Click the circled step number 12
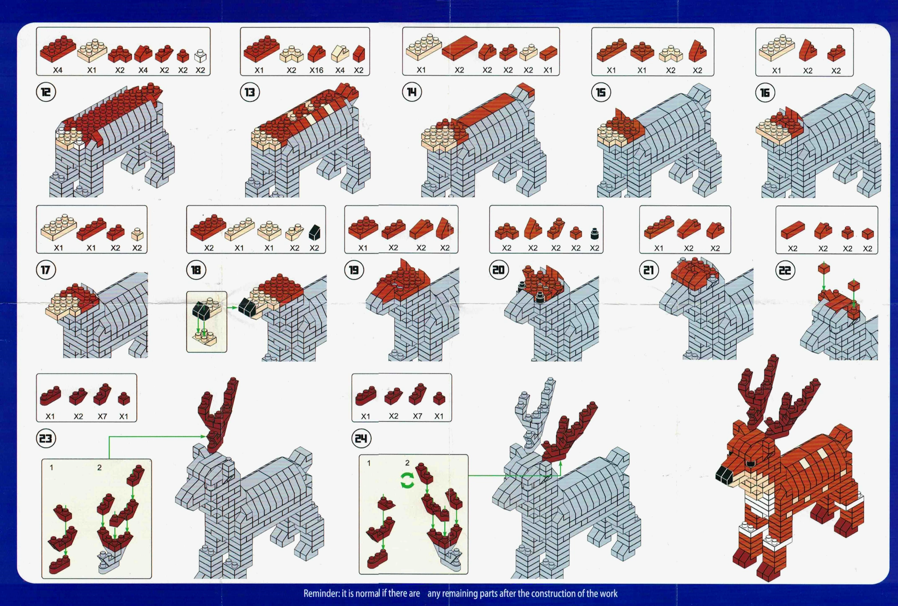tap(46, 92)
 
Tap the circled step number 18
tap(196, 270)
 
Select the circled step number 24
tap(361, 439)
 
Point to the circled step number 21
tap(649, 270)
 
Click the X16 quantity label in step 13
tap(316, 70)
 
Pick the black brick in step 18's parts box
tap(315, 232)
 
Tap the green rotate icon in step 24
tap(407, 480)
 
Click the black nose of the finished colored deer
tap(725, 475)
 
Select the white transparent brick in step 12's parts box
tap(201, 56)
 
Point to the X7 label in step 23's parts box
tap(102, 416)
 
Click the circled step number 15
tap(601, 92)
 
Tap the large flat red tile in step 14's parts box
tap(459, 48)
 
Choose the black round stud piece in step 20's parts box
tap(595, 233)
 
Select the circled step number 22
tap(785, 270)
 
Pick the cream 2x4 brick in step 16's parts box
tap(776, 48)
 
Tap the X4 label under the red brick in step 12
tap(58, 70)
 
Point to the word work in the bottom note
tap(608, 594)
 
